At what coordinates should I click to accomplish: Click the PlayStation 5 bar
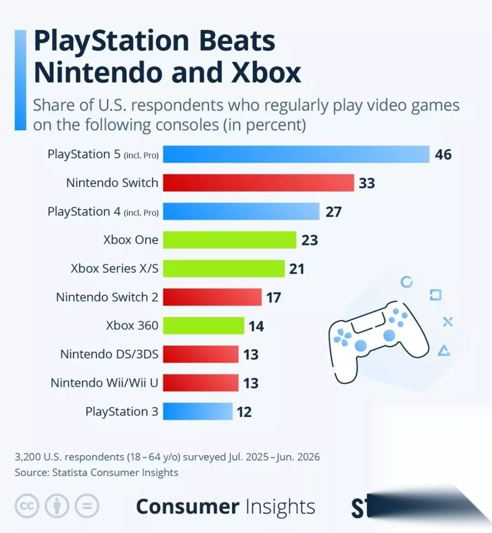pyautogui.click(x=296, y=154)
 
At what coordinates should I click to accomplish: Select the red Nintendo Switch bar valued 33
pyautogui.click(x=258, y=183)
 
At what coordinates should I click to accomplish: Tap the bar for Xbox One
pyautogui.click(x=230, y=240)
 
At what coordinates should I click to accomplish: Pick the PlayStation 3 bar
pyautogui.click(x=198, y=411)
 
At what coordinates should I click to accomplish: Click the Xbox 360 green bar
pyautogui.click(x=203, y=326)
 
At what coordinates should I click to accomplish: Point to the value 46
pyautogui.click(x=443, y=155)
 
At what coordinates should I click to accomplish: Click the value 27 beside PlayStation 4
pyautogui.click(x=333, y=212)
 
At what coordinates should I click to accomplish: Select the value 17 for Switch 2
pyautogui.click(x=273, y=297)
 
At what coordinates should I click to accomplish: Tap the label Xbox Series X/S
pyautogui.click(x=115, y=268)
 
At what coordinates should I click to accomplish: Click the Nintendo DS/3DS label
pyautogui.click(x=109, y=354)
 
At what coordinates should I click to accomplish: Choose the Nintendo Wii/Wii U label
pyautogui.click(x=104, y=383)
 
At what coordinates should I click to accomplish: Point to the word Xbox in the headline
pyautogui.click(x=266, y=72)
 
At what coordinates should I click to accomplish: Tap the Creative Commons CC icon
pyautogui.click(x=26, y=506)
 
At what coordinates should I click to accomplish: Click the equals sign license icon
pyautogui.click(x=87, y=506)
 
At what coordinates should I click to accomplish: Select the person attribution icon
pyautogui.click(x=57, y=506)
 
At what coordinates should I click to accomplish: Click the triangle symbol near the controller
pyautogui.click(x=444, y=351)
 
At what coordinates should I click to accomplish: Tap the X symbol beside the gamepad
pyautogui.click(x=448, y=322)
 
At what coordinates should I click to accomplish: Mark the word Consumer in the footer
pyautogui.click(x=188, y=507)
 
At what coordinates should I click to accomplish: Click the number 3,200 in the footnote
pyautogui.click(x=28, y=457)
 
